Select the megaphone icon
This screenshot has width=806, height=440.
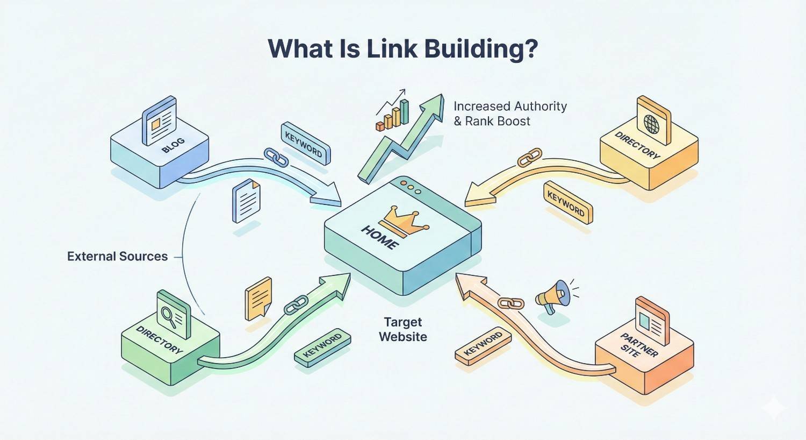pos(553,295)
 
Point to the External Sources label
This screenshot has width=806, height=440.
pos(117,257)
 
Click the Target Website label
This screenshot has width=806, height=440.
pos(403,330)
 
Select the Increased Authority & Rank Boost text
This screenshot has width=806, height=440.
pos(510,113)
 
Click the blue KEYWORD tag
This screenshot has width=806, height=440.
pos(305,143)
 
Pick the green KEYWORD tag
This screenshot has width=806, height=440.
pos(322,347)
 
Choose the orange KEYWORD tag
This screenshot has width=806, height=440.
pos(483,345)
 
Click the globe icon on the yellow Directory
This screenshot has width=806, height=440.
pos(651,124)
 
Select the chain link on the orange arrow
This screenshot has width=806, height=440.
pos(511,303)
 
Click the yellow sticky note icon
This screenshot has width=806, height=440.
pos(258,297)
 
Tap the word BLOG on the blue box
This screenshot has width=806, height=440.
pos(173,145)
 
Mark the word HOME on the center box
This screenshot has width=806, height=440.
pos(380,237)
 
